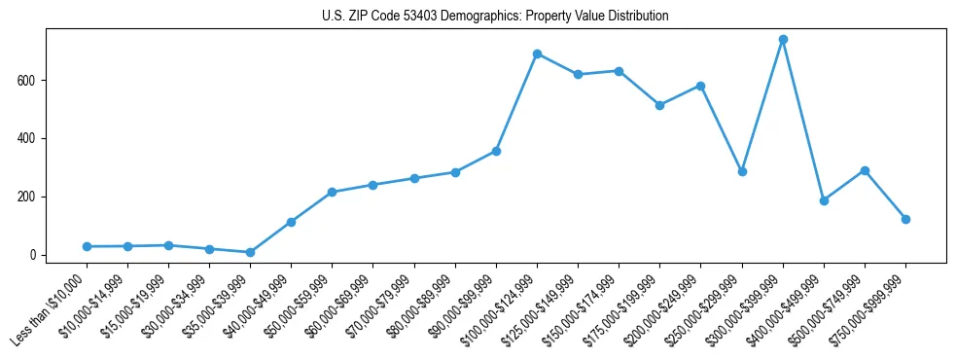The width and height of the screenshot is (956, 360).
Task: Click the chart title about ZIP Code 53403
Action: click(495, 17)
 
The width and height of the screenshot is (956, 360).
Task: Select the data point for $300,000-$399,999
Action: click(783, 40)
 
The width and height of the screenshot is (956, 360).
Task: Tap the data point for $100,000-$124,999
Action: click(537, 54)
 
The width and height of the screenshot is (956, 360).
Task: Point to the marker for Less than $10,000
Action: click(87, 247)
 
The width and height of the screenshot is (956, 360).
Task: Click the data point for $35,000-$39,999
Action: click(250, 252)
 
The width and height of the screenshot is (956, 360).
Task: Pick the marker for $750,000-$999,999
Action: click(905, 220)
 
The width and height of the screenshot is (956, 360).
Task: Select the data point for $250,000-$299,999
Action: click(742, 171)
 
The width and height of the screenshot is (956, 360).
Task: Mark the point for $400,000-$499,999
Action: click(824, 200)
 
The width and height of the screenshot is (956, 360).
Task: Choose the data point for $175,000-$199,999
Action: click(659, 105)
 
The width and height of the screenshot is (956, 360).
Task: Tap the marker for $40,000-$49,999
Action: click(291, 222)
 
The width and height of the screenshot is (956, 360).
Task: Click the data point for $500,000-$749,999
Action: click(865, 171)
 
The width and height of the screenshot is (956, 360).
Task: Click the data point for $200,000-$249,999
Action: click(700, 86)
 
